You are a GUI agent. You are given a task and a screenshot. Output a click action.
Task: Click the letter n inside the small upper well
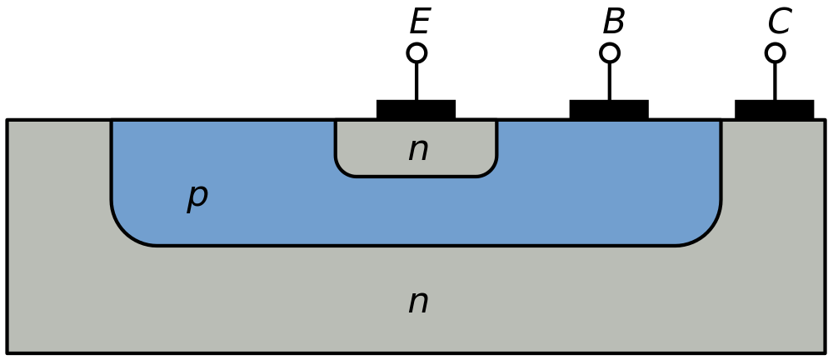click(418, 150)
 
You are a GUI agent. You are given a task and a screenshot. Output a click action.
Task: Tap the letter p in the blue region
click(197, 195)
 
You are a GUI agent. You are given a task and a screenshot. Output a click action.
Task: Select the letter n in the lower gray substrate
click(418, 302)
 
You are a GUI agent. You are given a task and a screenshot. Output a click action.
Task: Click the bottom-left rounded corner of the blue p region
click(125, 232)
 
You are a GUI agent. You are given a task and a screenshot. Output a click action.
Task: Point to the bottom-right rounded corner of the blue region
click(707, 232)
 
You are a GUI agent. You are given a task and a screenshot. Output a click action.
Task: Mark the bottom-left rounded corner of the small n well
click(341, 171)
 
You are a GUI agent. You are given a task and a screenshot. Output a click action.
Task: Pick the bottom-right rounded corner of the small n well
click(491, 171)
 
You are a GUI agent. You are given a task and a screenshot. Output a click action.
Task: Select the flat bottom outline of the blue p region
click(416, 245)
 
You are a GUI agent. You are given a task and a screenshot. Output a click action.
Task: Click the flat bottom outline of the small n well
click(416, 176)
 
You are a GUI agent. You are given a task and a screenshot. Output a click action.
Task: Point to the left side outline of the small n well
click(336, 142)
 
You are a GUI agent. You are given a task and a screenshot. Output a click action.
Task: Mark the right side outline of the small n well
click(496, 142)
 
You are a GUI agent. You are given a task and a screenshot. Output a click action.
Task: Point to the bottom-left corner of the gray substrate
click(10, 350)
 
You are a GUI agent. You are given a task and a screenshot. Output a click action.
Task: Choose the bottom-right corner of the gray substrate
click(822, 350)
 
